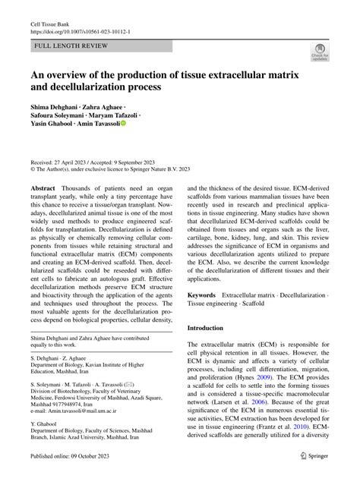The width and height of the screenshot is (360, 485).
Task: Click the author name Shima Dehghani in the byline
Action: point(56,108)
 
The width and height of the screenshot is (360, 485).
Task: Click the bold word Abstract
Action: point(42,188)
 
